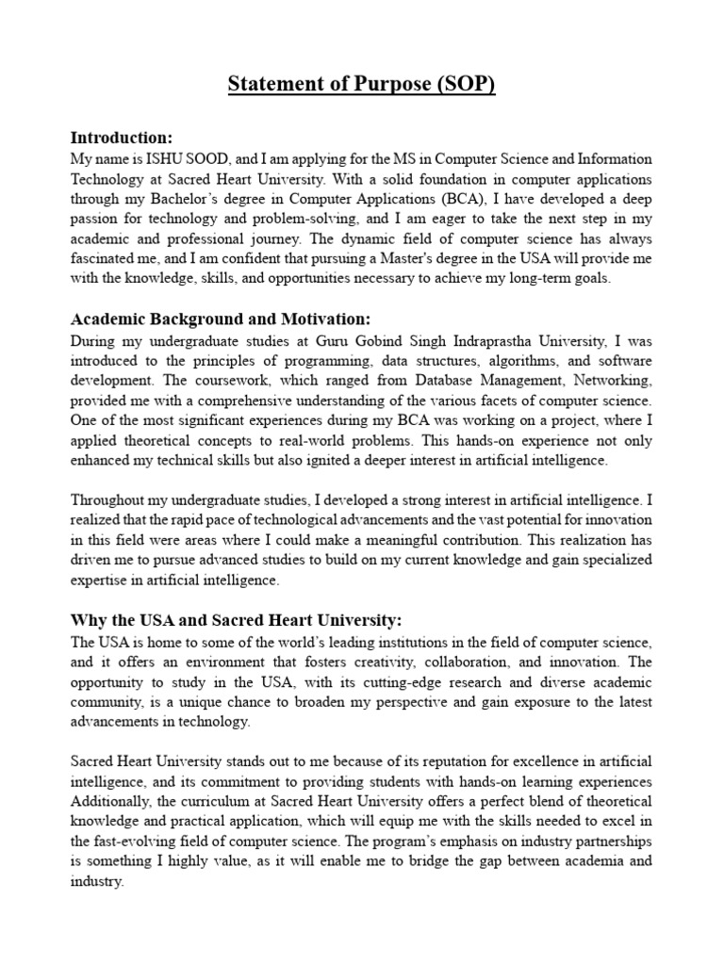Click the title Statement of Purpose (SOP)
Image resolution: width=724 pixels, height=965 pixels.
tap(362, 84)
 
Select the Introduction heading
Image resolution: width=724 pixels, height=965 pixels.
tap(121, 138)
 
